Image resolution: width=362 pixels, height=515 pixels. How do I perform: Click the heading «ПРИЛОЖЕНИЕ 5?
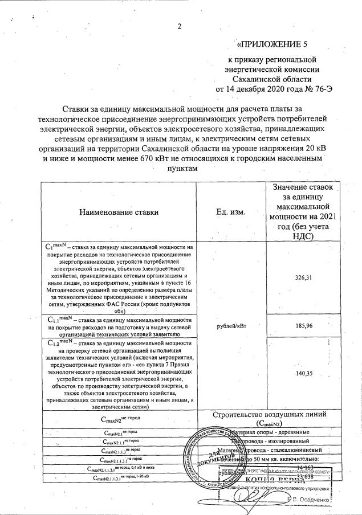click(x=276, y=44)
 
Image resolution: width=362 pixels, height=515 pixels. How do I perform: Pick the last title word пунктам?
click(x=181, y=169)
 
